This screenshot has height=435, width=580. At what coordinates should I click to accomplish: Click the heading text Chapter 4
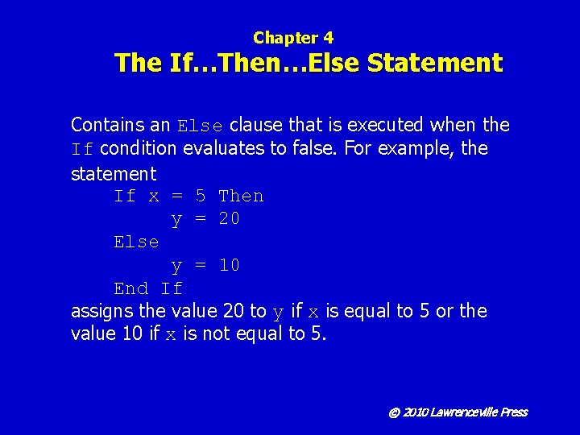(293, 37)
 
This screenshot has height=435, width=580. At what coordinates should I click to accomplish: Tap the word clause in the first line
(256, 125)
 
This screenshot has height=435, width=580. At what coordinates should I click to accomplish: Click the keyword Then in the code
(241, 197)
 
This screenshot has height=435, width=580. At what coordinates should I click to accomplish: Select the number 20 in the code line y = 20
(230, 219)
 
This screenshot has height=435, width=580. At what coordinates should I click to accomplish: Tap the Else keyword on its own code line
(136, 242)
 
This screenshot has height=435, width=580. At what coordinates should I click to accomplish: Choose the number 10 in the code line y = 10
(230, 266)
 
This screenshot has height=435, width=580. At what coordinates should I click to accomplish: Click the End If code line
(148, 289)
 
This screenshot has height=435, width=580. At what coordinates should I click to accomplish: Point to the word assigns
(100, 312)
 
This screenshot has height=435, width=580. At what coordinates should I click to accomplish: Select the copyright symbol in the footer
(394, 412)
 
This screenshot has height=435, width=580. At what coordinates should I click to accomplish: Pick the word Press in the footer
(514, 412)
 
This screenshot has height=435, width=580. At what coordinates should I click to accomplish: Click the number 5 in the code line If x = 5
(201, 197)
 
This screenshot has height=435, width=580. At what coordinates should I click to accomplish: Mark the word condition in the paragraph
(137, 149)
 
